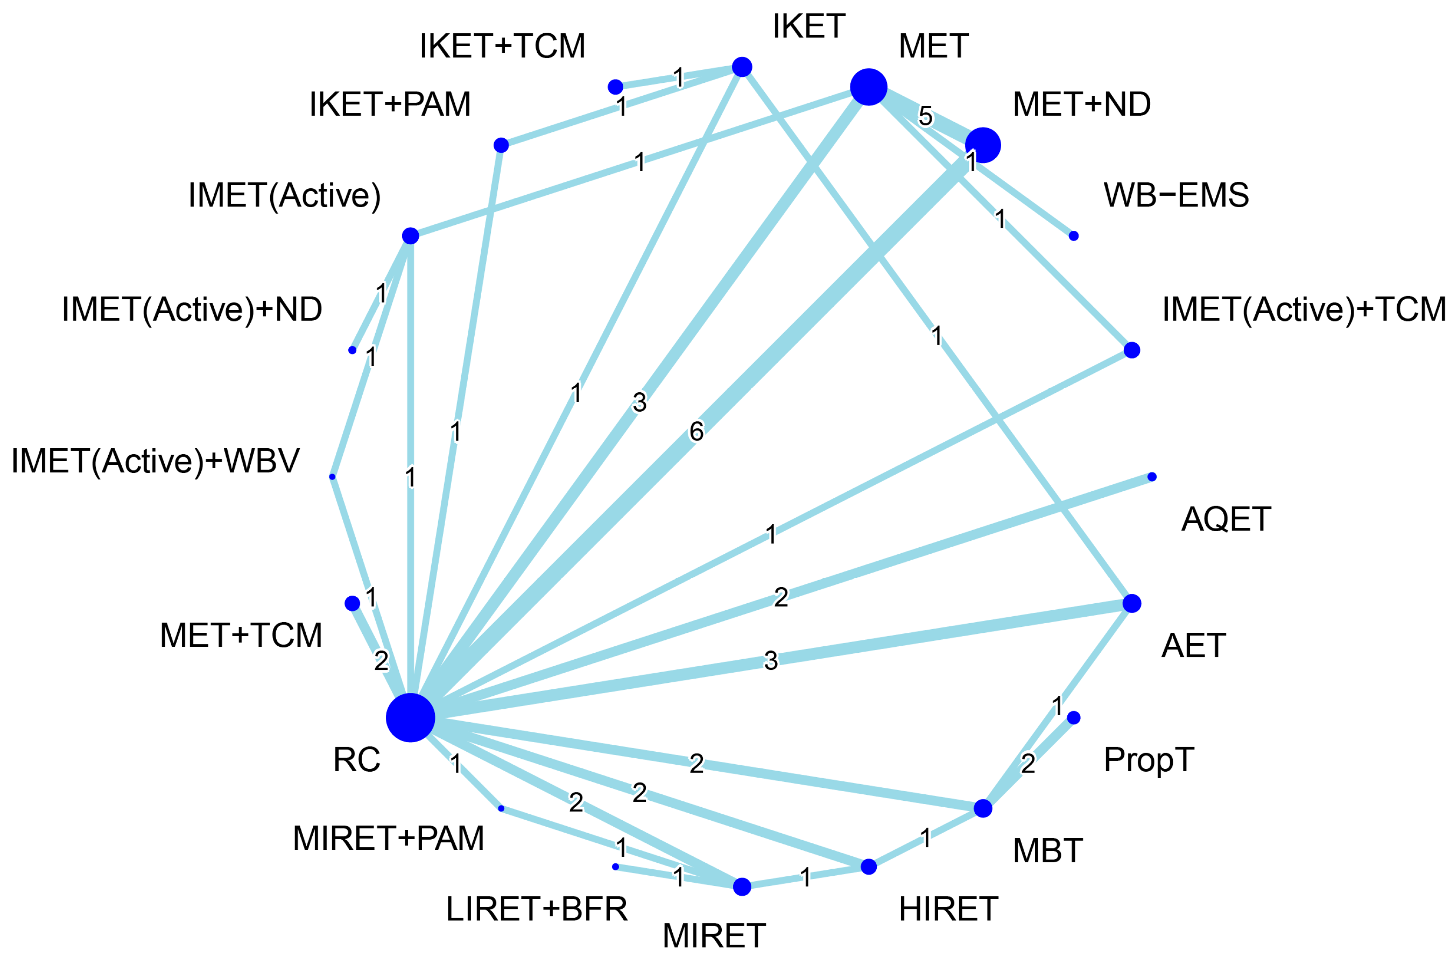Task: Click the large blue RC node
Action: (410, 718)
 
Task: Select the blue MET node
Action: (869, 87)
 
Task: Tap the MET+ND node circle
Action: (983, 146)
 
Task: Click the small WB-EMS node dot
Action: (1074, 235)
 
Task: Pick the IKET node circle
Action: (742, 67)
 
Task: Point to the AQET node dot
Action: (1152, 476)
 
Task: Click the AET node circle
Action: (1132, 603)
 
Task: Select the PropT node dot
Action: (1074, 718)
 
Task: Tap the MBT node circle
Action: (983, 808)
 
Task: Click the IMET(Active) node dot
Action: (410, 235)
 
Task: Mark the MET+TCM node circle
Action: (353, 603)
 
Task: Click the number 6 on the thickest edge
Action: (696, 432)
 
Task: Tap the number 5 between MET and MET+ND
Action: (926, 116)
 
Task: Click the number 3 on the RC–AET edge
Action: (771, 661)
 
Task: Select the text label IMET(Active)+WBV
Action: (155, 461)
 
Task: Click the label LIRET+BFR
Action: (537, 909)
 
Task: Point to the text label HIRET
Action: (949, 909)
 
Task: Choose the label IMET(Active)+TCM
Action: (1304, 309)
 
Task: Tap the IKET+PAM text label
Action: (390, 104)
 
